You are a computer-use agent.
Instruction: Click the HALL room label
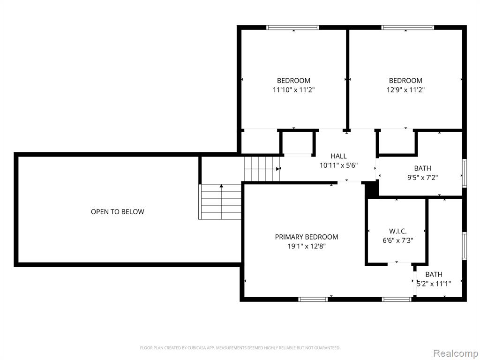point(338,156)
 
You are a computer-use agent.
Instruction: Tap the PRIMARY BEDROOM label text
point(307,237)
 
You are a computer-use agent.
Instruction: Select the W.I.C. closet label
point(397,231)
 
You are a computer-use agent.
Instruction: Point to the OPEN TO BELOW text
point(118,211)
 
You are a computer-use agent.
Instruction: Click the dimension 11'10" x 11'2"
point(293,90)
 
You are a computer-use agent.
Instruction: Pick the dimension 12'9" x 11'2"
point(405,90)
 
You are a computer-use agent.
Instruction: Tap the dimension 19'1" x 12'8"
point(307,246)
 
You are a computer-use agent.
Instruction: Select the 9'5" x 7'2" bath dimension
point(422,178)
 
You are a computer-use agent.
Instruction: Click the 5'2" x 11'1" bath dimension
point(434,284)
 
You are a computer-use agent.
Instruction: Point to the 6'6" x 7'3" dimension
point(397,240)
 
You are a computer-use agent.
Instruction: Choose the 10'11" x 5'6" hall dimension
point(338,165)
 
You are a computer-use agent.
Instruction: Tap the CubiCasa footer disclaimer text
point(240,348)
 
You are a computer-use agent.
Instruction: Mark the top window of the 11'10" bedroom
point(292,28)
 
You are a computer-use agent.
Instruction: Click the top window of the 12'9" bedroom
point(407,28)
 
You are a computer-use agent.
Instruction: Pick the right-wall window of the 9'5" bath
point(465,173)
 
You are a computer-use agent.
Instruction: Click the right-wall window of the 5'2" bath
point(465,246)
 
